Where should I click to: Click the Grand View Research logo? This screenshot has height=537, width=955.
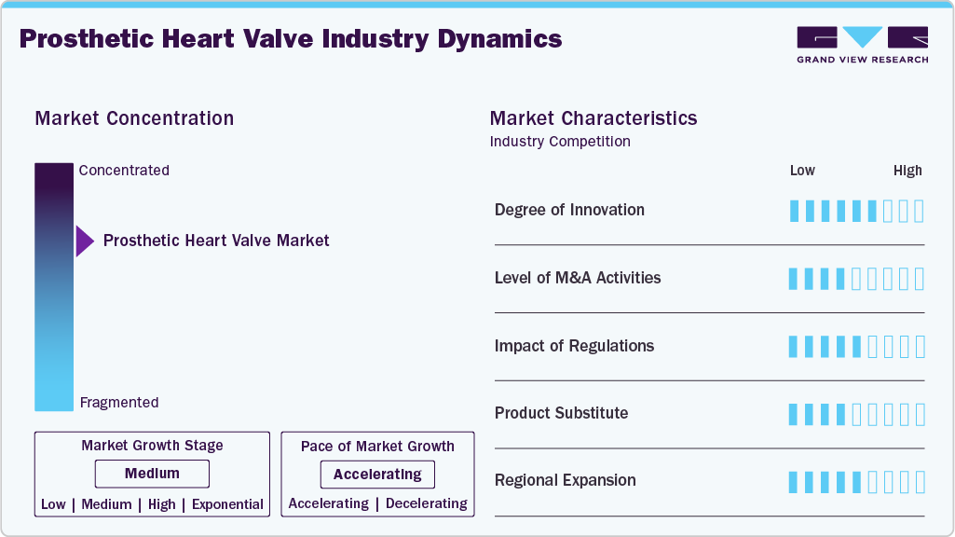click(862, 45)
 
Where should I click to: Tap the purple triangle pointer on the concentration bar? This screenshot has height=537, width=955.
click(84, 241)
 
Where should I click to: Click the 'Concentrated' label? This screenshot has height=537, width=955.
click(124, 171)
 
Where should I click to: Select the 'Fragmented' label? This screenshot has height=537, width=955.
click(119, 403)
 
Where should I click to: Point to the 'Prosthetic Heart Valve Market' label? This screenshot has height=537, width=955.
click(216, 241)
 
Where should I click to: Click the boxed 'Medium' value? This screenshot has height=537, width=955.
click(152, 475)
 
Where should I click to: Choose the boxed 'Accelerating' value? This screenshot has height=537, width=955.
click(377, 475)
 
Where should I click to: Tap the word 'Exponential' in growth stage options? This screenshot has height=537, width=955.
click(227, 504)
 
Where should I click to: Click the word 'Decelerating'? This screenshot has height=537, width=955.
click(426, 503)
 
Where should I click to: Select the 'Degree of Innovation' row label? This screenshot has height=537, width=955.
click(569, 210)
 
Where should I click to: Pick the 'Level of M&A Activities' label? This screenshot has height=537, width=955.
click(578, 278)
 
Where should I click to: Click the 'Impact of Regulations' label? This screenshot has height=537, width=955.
click(574, 346)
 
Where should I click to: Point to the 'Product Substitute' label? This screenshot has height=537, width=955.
click(561, 413)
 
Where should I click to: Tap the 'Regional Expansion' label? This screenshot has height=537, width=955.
click(565, 480)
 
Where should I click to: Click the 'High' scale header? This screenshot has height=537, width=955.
click(907, 171)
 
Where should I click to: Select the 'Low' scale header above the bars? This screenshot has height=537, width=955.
click(802, 171)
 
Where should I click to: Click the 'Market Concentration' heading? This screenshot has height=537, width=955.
click(134, 118)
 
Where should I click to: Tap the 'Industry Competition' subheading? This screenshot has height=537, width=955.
click(560, 142)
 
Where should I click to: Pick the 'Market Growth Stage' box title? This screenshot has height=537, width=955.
click(152, 446)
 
